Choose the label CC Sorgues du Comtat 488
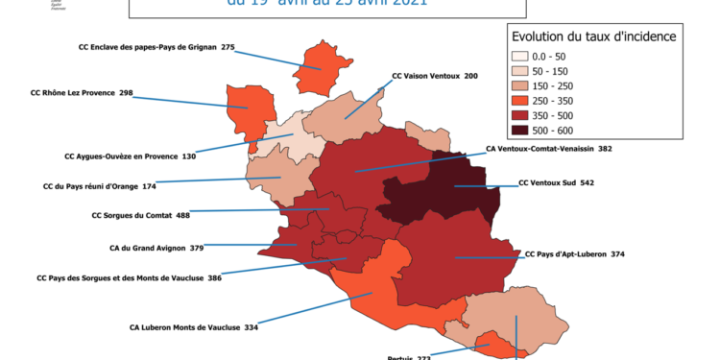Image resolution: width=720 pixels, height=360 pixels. click(x=140, y=216)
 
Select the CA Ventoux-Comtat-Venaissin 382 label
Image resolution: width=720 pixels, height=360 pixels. click(x=549, y=150)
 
